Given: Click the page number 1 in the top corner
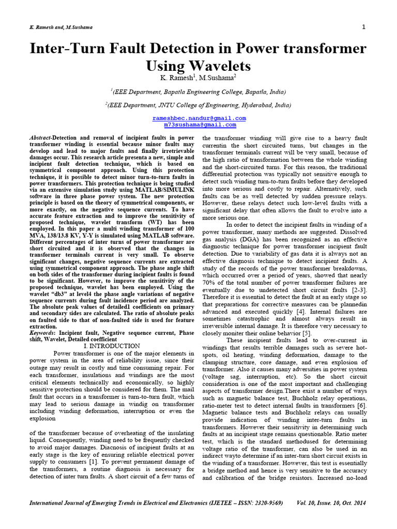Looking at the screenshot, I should [x=364, y=27].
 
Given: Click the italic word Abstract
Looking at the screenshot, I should [x=41, y=138].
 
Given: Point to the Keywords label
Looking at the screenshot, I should [x=42, y=334].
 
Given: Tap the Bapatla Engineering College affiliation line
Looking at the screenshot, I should [x=198, y=91].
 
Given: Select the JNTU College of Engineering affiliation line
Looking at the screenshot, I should [x=198, y=104].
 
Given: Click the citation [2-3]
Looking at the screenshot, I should [x=356, y=290].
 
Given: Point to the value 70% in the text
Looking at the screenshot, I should [x=209, y=283].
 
